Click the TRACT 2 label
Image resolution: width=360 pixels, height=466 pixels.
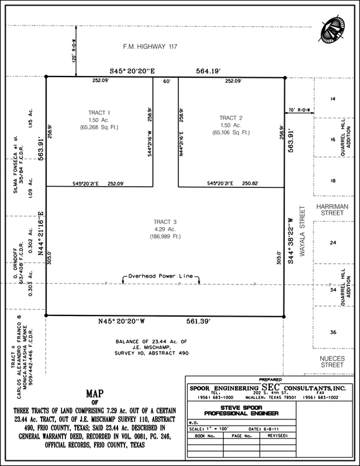pyautogui.click(x=231, y=118)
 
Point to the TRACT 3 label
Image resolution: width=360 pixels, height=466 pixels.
pyautogui.click(x=165, y=222)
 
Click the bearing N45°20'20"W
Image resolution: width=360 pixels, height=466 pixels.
pyautogui.click(x=121, y=322)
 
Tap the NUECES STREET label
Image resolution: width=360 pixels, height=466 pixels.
pyautogui.click(x=333, y=361)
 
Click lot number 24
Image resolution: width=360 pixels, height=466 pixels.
pyautogui.click(x=333, y=243)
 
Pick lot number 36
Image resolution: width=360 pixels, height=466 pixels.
pyautogui.click(x=333, y=332)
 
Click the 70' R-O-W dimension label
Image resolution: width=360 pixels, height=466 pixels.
pyautogui.click(x=299, y=110)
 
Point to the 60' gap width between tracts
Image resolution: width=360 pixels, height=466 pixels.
pyautogui.click(x=166, y=81)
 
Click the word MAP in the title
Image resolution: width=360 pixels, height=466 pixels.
pyautogui.click(x=95, y=394)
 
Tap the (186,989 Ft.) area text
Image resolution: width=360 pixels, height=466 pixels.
pyautogui.click(x=165, y=237)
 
